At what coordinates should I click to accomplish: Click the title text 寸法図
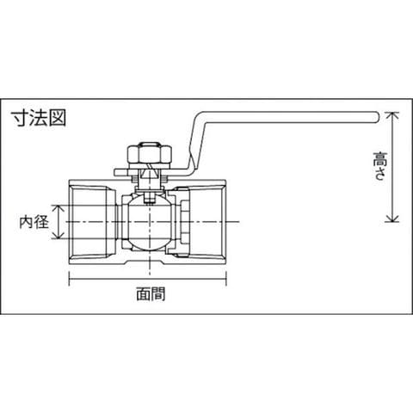click(x=39, y=118)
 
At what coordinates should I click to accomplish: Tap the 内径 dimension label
click(x=34, y=222)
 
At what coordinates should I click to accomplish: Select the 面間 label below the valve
click(x=151, y=293)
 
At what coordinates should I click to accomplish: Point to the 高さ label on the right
click(x=380, y=166)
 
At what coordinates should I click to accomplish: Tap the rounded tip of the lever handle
click(x=377, y=117)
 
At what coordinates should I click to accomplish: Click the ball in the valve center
click(x=150, y=222)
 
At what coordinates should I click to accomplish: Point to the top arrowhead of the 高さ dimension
click(x=391, y=115)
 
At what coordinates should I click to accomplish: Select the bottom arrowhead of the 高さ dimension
click(x=391, y=218)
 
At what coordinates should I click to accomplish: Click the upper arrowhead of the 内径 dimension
click(x=59, y=209)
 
